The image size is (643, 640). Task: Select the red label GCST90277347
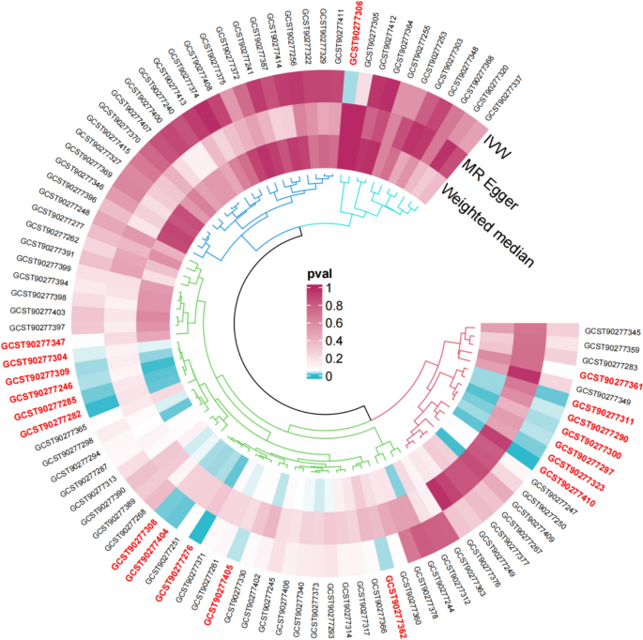pos(34,344)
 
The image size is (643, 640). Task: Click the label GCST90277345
pos(612,331)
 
